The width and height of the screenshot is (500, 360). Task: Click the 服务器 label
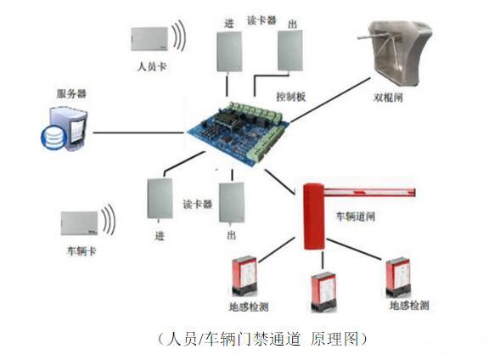coord(71,93)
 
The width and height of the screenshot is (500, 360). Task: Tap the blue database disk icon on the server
coord(53,138)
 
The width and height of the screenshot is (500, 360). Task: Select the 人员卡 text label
coord(152,66)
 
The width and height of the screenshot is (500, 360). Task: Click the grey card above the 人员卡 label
coord(149,39)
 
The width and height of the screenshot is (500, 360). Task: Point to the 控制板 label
coord(291,96)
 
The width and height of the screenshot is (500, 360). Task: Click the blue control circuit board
coord(239,132)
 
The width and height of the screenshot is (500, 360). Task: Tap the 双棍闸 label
coord(388,98)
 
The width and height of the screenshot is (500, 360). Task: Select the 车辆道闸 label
coord(355,217)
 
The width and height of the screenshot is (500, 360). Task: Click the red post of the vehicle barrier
coord(314,217)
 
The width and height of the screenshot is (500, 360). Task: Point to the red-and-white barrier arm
coord(370,192)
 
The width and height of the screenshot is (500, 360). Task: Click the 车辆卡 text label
coord(81,251)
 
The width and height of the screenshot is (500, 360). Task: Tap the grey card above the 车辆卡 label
coord(79,223)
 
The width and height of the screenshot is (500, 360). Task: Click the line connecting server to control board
coord(138,132)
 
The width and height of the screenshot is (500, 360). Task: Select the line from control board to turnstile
coord(330,100)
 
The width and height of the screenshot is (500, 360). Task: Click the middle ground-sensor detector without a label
coord(323,291)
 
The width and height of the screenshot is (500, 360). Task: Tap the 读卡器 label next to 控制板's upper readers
coord(261,20)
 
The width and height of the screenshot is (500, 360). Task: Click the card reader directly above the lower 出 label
coord(232,202)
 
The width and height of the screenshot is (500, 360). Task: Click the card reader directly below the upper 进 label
coord(229,52)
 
